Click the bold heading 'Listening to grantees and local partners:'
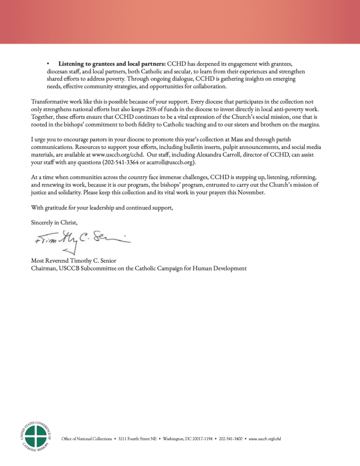112,63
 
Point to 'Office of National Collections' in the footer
86,439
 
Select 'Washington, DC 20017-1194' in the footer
188,439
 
